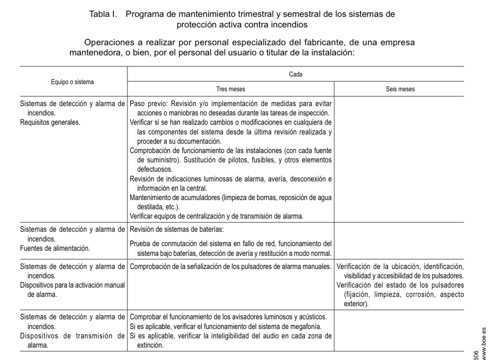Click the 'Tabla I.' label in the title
102,14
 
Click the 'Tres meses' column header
231,90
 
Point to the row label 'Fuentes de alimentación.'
55,248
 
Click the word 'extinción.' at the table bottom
150,345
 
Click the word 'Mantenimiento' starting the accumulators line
150,198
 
